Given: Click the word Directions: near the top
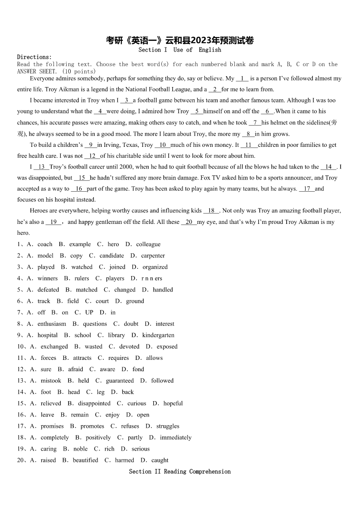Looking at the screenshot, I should tap(34, 57).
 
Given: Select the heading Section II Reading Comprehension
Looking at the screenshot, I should tap(180, 471).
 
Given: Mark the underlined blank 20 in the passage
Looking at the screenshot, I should tap(189, 222).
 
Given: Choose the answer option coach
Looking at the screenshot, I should tap(45, 244).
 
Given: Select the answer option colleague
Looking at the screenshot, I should tap(148, 244).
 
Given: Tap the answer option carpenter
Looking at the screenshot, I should tap(153, 256).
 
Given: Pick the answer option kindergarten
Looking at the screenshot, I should tap(158, 335).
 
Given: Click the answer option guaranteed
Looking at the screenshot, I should tap(120, 381).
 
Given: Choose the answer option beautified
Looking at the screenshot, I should tap(85, 460).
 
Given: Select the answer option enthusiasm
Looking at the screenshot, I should tap(52, 324).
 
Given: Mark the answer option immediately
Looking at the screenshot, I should tap(175, 437).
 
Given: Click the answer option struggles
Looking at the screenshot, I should tap(168, 426).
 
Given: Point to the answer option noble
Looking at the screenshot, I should tap(80, 449).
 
